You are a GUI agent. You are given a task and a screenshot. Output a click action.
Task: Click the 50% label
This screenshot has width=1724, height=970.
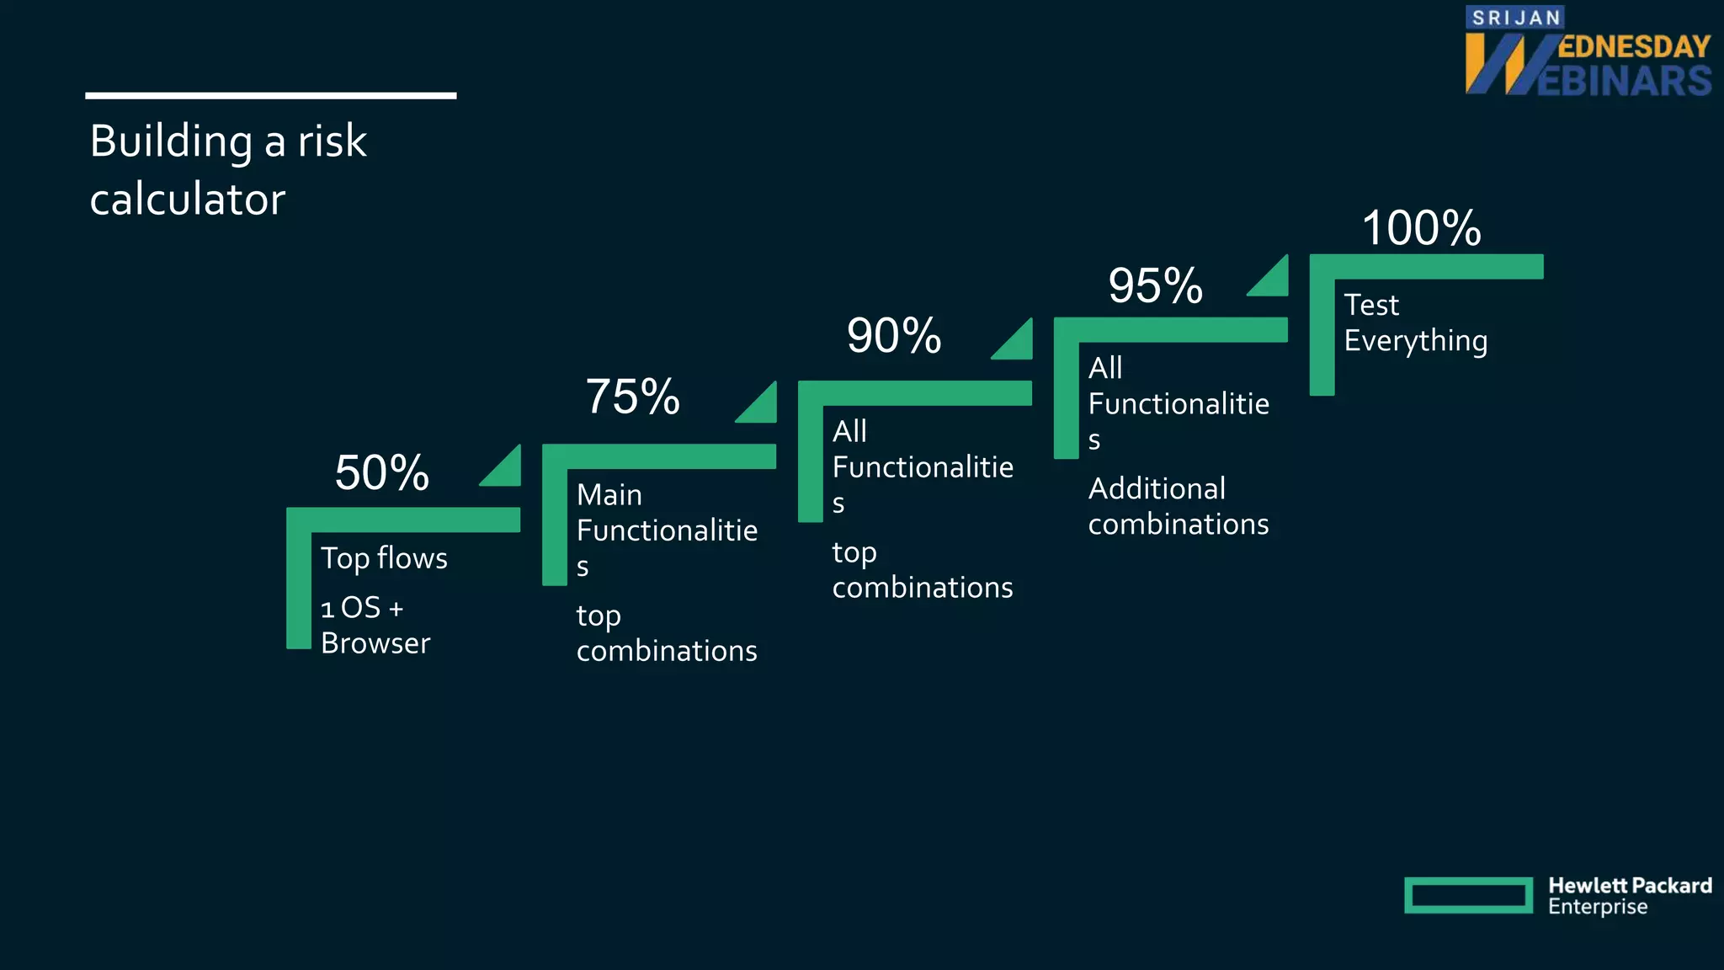[x=382, y=472]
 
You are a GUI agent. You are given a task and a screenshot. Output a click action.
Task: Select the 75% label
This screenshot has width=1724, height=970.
[x=632, y=397]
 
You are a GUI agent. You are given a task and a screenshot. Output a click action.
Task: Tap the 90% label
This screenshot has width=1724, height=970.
[x=894, y=336]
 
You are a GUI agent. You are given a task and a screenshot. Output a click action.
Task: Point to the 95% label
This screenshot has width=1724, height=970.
[x=1156, y=285]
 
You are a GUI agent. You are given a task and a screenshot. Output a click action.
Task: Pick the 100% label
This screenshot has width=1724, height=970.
[x=1422, y=228]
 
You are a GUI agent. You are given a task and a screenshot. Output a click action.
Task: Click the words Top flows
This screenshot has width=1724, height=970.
[x=384, y=558]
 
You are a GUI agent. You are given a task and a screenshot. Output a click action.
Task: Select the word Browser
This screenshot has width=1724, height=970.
[x=375, y=643]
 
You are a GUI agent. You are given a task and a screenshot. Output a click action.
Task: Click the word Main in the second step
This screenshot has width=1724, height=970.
[x=609, y=495]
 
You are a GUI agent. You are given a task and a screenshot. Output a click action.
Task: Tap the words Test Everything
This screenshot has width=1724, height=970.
[x=1415, y=322]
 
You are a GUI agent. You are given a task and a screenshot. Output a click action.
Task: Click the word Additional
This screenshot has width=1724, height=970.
[x=1157, y=489]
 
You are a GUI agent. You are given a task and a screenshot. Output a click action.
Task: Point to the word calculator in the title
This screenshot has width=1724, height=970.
[x=188, y=200]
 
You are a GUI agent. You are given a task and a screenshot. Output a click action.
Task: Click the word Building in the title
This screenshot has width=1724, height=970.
[x=171, y=141]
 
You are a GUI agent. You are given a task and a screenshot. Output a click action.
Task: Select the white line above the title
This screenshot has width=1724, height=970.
[x=271, y=96]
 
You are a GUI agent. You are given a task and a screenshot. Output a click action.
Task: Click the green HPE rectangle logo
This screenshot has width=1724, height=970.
[x=1468, y=895]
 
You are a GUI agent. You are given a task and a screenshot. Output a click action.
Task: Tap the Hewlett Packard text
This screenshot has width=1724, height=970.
[x=1630, y=886]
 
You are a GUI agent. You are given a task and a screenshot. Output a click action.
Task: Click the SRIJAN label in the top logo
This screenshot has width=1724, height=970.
[x=1516, y=18]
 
